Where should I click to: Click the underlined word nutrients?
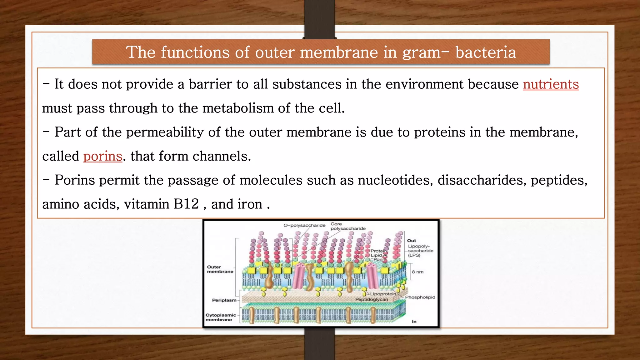551,84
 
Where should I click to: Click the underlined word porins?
102,156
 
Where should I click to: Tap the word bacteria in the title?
486,52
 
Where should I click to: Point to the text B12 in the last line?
186,204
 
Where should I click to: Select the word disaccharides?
482,180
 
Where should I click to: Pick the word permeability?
165,132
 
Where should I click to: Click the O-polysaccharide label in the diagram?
304,225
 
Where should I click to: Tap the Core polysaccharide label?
348,226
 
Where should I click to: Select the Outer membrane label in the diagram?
220,269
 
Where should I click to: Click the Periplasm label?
224,300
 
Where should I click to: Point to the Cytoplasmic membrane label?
221,317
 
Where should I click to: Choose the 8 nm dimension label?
417,272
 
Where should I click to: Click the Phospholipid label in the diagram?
420,297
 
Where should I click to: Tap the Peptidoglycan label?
372,299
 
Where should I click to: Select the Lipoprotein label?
383,294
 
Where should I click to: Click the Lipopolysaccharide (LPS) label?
420,251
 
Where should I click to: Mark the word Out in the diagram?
412,241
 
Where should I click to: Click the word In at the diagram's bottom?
414,322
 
